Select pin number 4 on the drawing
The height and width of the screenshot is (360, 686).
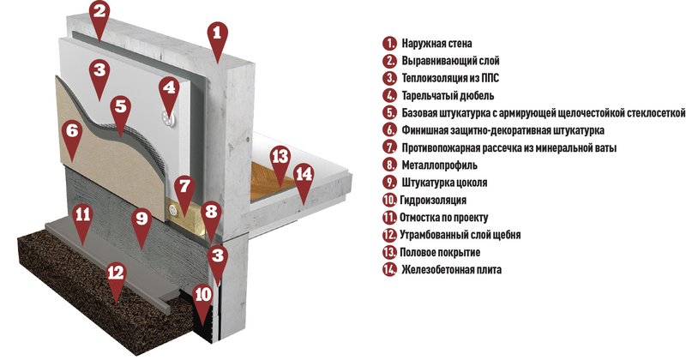(x=169, y=90)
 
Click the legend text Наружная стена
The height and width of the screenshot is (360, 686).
(x=436, y=44)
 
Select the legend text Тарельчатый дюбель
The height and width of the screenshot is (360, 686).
(x=448, y=95)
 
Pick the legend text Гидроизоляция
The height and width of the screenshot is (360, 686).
(x=433, y=200)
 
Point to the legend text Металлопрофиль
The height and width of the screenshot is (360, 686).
(x=439, y=165)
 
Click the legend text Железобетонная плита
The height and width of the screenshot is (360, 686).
(x=451, y=269)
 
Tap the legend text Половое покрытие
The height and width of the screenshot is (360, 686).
(x=440, y=252)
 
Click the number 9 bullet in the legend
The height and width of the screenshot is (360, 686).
(x=389, y=183)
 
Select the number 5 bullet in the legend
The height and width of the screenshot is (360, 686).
(x=389, y=113)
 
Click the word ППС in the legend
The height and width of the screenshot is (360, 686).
(x=490, y=78)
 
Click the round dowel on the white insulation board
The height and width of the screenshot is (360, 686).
(x=167, y=117)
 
